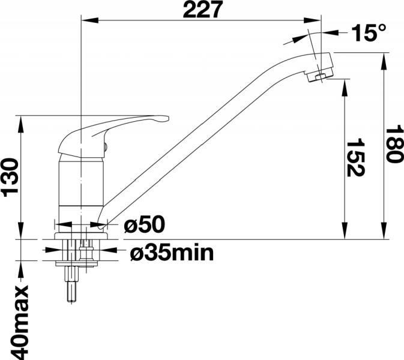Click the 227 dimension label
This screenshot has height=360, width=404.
click(203, 10)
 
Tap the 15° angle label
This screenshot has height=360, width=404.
click(369, 33)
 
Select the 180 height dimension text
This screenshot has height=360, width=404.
click(394, 143)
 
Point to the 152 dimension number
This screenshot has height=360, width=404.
click(355, 158)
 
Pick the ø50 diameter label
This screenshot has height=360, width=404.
click(144, 224)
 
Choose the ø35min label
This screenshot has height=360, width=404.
click(172, 253)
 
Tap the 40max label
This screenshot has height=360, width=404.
click(19, 322)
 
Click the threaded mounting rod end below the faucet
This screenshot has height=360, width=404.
click(71, 300)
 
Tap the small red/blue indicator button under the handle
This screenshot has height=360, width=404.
click(106, 147)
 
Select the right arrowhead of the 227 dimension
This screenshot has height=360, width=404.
click(312, 20)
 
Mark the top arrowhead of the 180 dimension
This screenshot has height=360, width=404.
click(384, 61)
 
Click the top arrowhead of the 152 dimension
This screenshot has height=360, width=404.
click(345, 88)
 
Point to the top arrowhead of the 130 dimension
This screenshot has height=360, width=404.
click(21, 124)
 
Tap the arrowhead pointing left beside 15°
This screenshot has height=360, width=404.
click(330, 32)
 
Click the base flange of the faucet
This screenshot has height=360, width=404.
click(81, 236)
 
